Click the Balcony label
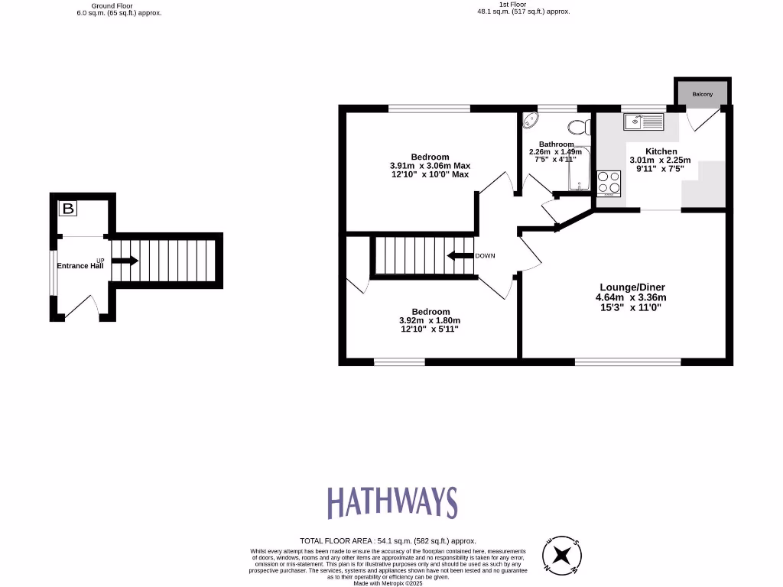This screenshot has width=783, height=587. click(702, 94)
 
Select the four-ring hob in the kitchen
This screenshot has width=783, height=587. click(609, 183)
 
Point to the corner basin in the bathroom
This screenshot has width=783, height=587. click(531, 122)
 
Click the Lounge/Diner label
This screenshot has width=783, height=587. click(631, 287)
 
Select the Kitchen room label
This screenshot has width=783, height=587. click(661, 151)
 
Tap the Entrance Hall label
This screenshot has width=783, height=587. click(80, 266)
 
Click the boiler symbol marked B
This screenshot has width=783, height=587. click(68, 208)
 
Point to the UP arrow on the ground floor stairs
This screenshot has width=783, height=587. click(125, 261)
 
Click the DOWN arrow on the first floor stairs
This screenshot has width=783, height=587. click(460, 255)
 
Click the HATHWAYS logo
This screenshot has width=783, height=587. click(392, 502)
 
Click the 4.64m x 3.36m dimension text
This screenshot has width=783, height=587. click(631, 297)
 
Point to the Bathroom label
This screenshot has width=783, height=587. click(556, 144)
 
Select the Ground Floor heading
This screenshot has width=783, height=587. click(112, 5)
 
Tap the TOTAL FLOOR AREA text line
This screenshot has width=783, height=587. click(388, 540)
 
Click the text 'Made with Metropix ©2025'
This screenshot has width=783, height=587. click(388, 583)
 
